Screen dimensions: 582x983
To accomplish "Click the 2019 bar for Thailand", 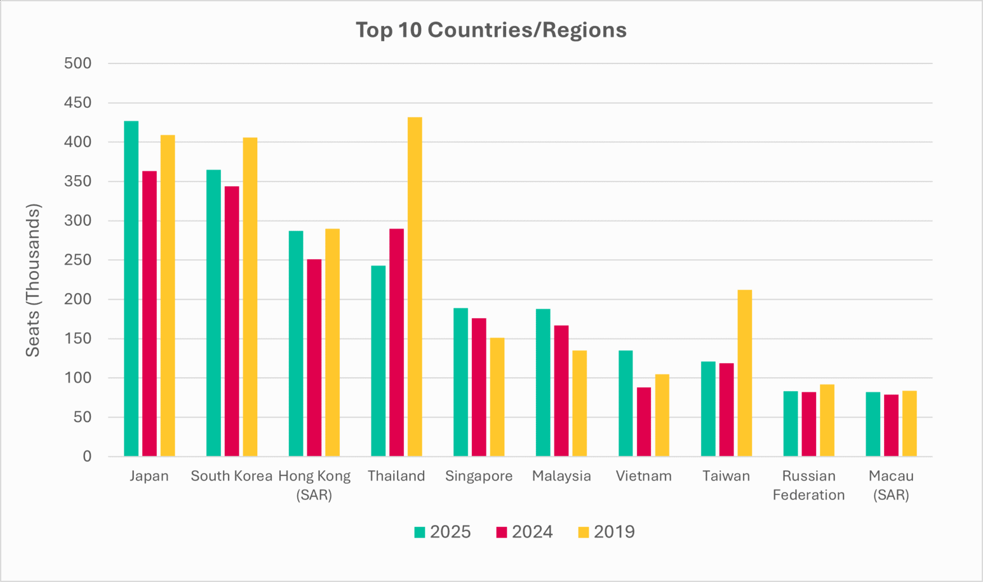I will pos(415,286).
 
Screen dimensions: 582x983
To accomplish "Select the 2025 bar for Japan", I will pos(131,288).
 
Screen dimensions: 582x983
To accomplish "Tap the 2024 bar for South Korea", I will pos(231,321).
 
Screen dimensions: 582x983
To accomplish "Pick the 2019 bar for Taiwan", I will pos(744,373).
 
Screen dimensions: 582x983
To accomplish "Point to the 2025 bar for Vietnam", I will pos(625,403).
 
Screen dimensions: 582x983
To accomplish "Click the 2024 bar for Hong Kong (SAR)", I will pos(314,358).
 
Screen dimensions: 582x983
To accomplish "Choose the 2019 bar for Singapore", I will pos(497,397).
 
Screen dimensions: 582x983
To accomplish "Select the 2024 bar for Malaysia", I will pos(561,391).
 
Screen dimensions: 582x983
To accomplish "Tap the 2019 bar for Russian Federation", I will pos(827,420).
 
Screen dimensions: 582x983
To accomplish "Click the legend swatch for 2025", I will pos(420,532).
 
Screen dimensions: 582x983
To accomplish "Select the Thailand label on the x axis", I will pos(396,476).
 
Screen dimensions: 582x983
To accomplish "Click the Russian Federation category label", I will pos(808,485).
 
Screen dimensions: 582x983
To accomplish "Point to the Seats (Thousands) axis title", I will pos(33,280).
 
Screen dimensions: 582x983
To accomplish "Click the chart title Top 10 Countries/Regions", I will pos(491,30).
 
